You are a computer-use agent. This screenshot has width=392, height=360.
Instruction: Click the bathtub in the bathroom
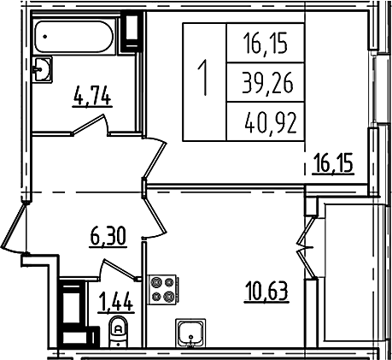74,36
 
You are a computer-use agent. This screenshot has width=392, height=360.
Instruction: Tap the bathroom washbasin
42,69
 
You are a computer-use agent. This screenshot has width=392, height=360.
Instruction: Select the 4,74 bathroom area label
92,97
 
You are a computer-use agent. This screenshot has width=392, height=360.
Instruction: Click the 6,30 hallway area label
108,237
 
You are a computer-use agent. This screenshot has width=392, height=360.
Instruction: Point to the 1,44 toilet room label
116,303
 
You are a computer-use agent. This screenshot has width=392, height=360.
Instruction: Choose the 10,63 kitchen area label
266,292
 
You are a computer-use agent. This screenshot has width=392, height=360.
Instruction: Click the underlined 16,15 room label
333,163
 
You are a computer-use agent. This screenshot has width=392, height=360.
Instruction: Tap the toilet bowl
118,331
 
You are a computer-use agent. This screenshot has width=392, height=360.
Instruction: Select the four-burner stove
163,290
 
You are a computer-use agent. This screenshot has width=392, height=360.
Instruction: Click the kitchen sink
190,333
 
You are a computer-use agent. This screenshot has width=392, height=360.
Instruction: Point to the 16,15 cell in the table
266,43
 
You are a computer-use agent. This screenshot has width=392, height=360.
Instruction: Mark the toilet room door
119,269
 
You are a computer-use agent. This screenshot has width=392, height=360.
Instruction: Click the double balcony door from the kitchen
306,247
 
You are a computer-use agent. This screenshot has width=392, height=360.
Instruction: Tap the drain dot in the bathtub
45,36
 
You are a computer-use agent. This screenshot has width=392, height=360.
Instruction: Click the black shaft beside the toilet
72,313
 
